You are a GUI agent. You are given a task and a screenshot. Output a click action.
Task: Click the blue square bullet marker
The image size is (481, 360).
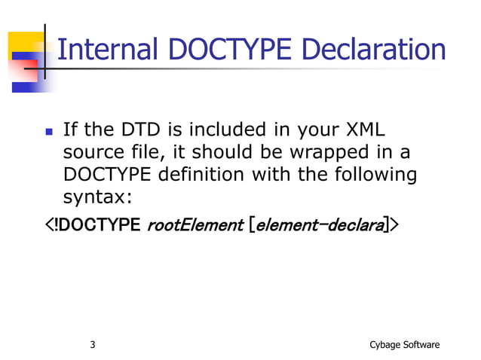click(49, 130)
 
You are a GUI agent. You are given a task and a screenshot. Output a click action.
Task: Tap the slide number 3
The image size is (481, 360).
click(92, 345)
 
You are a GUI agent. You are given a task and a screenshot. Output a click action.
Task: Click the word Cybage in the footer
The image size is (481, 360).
click(385, 345)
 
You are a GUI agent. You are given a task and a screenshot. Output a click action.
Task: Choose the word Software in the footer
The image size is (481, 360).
click(421, 345)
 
